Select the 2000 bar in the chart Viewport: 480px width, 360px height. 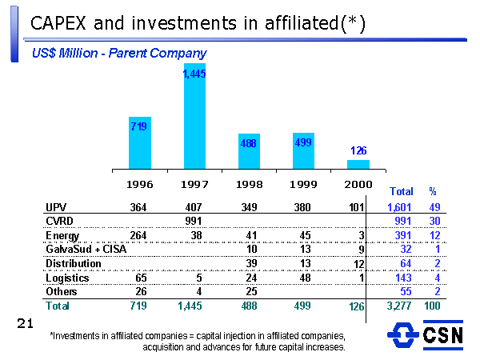click(358, 164)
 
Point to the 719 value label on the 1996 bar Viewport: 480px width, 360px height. click(138, 126)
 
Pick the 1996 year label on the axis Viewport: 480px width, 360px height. click(140, 183)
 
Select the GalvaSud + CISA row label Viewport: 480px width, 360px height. click(86, 250)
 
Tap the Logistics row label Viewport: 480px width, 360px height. click(67, 278)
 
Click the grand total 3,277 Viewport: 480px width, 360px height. click(399, 306)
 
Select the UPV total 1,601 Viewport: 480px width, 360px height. click(399, 207)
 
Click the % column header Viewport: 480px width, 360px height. click(433, 192)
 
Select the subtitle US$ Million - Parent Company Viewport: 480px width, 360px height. click(119, 53)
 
